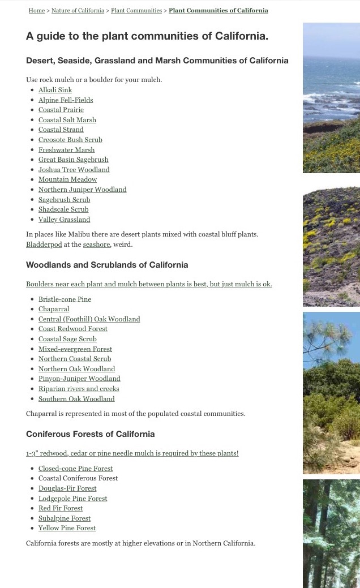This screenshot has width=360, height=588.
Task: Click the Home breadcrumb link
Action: point(36,10)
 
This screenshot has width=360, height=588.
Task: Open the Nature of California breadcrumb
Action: point(78,10)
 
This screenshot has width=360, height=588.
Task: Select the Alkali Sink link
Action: point(55,90)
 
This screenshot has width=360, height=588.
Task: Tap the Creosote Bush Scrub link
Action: point(70,140)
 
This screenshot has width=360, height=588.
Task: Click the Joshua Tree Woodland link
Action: point(74,170)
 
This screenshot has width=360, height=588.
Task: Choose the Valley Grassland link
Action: point(64,220)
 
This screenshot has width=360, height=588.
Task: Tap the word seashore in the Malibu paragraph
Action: point(96,244)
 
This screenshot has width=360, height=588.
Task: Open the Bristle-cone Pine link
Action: point(65,299)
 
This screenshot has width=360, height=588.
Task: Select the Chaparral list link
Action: point(54,309)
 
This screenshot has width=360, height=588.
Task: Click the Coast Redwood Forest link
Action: point(72,329)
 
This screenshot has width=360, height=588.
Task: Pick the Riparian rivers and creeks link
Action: point(79,389)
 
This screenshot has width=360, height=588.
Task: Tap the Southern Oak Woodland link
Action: point(76,399)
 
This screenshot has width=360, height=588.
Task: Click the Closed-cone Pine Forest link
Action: point(75,469)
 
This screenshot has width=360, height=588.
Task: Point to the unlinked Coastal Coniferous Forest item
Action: point(78,478)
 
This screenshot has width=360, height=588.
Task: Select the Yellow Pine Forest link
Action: point(67,528)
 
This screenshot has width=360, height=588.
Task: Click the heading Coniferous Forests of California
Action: point(90,434)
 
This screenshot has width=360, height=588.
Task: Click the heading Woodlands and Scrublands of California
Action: point(107,265)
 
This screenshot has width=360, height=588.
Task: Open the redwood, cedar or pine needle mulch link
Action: point(132,453)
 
